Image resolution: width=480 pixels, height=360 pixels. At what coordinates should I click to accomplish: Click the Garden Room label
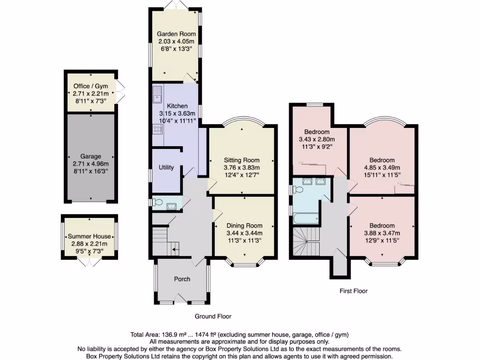(176, 34)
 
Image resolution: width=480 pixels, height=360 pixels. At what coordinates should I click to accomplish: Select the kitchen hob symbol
(157, 128)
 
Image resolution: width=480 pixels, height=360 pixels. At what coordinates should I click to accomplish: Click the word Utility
(166, 167)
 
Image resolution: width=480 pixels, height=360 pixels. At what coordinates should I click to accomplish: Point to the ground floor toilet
(158, 202)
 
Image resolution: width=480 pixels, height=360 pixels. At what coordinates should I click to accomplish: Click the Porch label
(182, 279)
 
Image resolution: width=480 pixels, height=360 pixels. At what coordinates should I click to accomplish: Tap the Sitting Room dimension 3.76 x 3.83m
(242, 168)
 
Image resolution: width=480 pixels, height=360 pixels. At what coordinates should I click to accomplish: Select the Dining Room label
(244, 225)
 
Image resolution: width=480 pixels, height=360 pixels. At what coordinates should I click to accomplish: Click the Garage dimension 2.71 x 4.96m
(90, 164)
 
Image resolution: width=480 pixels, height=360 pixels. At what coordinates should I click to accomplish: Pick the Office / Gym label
(90, 86)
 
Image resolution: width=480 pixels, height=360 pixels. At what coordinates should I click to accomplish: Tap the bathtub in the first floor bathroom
(306, 217)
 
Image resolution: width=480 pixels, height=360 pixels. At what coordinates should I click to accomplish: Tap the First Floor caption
(353, 291)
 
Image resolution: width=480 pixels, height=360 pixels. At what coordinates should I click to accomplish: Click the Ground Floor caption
(213, 316)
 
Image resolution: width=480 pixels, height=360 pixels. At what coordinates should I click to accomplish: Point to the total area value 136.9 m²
(174, 335)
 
